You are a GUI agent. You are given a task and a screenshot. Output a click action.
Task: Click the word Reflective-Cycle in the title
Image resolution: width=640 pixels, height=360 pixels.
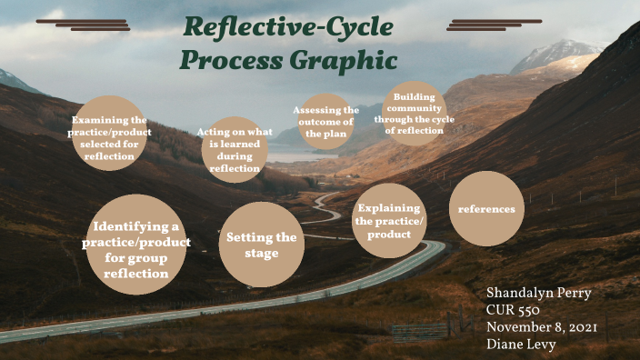click(x=288, y=27)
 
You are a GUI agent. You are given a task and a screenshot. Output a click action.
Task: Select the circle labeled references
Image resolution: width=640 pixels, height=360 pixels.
click(x=486, y=209)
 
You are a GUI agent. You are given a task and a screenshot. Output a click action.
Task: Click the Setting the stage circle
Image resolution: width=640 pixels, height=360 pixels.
click(x=261, y=245)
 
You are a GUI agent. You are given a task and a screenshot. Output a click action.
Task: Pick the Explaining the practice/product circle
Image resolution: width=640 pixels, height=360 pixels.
click(x=389, y=221)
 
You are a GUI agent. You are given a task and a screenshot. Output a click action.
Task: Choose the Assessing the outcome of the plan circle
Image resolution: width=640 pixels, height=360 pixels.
click(x=325, y=121)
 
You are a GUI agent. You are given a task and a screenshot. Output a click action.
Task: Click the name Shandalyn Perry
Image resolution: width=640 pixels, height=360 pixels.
click(x=538, y=294)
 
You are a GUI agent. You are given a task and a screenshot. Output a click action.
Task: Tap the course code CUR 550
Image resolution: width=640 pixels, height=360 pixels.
click(x=515, y=311)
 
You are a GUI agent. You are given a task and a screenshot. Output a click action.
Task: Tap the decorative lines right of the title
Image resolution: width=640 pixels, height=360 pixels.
click(x=494, y=25)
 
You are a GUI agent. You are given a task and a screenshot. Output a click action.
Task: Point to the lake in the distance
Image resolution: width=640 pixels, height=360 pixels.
click(x=300, y=156)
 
